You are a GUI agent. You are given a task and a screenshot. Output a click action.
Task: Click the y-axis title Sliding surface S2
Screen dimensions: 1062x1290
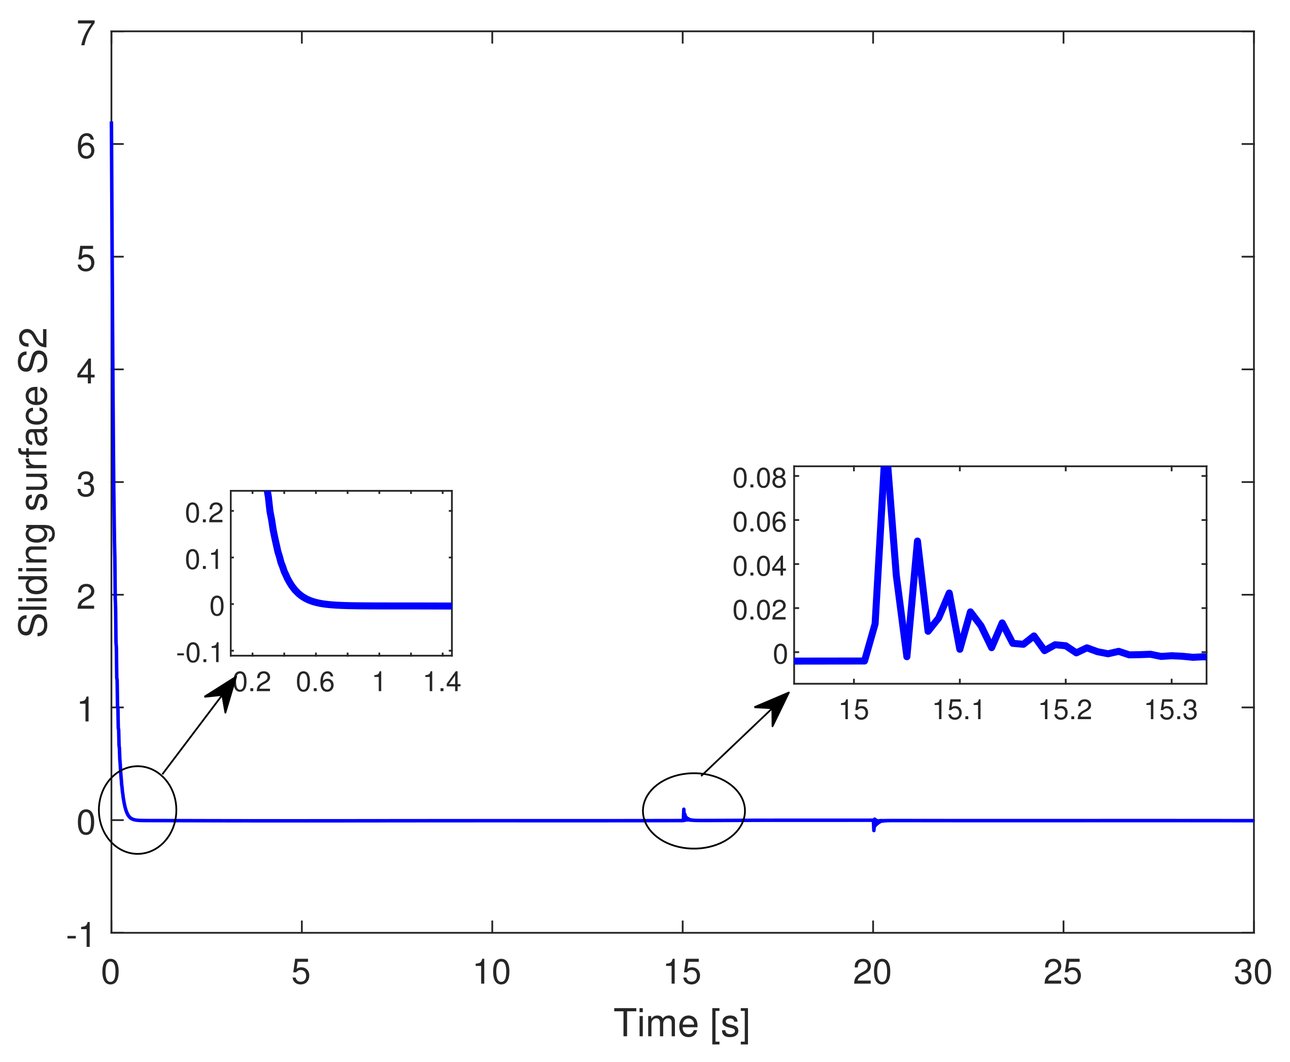(x=33, y=483)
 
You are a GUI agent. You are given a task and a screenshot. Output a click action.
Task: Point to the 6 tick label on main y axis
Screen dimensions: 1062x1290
(x=86, y=147)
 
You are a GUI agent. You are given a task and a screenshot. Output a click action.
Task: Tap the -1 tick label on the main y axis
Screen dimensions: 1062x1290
(x=81, y=935)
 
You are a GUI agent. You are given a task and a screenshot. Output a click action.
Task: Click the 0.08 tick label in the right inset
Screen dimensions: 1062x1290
(x=759, y=478)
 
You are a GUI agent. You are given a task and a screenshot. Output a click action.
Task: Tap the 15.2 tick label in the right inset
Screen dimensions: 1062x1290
(x=1065, y=710)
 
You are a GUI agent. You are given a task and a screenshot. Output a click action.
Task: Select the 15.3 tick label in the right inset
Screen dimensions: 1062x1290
(x=1171, y=710)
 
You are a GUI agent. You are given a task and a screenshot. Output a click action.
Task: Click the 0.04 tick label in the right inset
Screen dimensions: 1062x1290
(x=759, y=566)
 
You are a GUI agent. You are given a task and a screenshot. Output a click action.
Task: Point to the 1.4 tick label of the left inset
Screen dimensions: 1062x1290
(x=442, y=682)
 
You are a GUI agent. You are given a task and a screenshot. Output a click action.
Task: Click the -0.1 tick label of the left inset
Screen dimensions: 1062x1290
(x=199, y=653)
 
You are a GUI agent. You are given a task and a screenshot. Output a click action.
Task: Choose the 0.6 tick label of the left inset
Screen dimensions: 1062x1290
(x=315, y=682)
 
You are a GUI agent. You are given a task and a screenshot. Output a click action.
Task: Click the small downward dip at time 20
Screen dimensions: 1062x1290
(x=873, y=828)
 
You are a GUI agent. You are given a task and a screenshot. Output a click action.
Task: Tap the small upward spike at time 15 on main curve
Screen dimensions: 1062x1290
(x=684, y=810)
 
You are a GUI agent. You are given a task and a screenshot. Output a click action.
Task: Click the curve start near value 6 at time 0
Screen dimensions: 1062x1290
(x=111, y=124)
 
